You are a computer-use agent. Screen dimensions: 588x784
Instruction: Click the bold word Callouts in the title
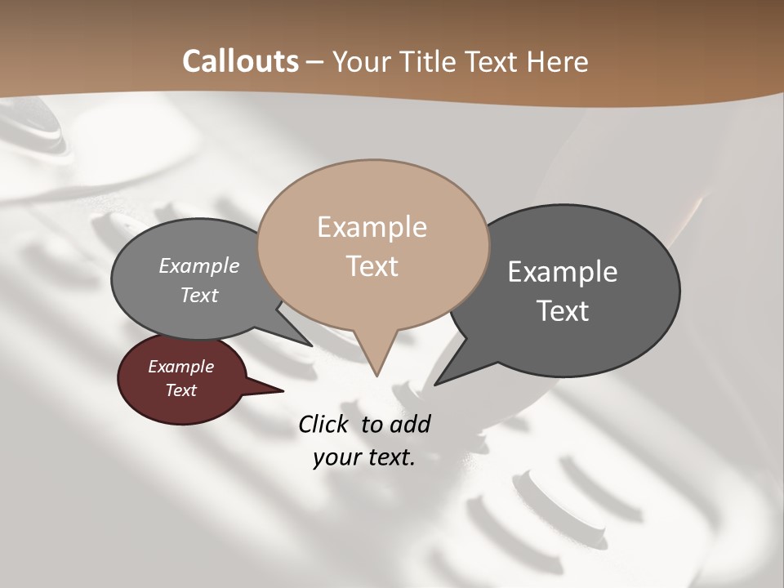tap(240, 61)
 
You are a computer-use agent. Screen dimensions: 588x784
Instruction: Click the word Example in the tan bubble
tap(372, 227)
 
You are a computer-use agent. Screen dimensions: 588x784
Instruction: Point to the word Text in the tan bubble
tap(372, 266)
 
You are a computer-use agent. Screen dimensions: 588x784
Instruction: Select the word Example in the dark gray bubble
tap(562, 272)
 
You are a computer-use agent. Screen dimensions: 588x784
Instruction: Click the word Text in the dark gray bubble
tap(563, 311)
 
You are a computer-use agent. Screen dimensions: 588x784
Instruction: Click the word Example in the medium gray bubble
tap(199, 266)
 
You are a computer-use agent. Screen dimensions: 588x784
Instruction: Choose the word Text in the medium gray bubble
tap(199, 295)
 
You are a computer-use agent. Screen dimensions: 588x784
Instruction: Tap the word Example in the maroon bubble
tap(180, 367)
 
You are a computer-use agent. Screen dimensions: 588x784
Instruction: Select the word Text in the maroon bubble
tap(181, 390)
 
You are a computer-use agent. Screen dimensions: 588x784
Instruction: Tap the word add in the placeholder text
tap(409, 425)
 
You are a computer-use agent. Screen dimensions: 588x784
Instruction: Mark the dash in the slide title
tap(316, 62)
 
